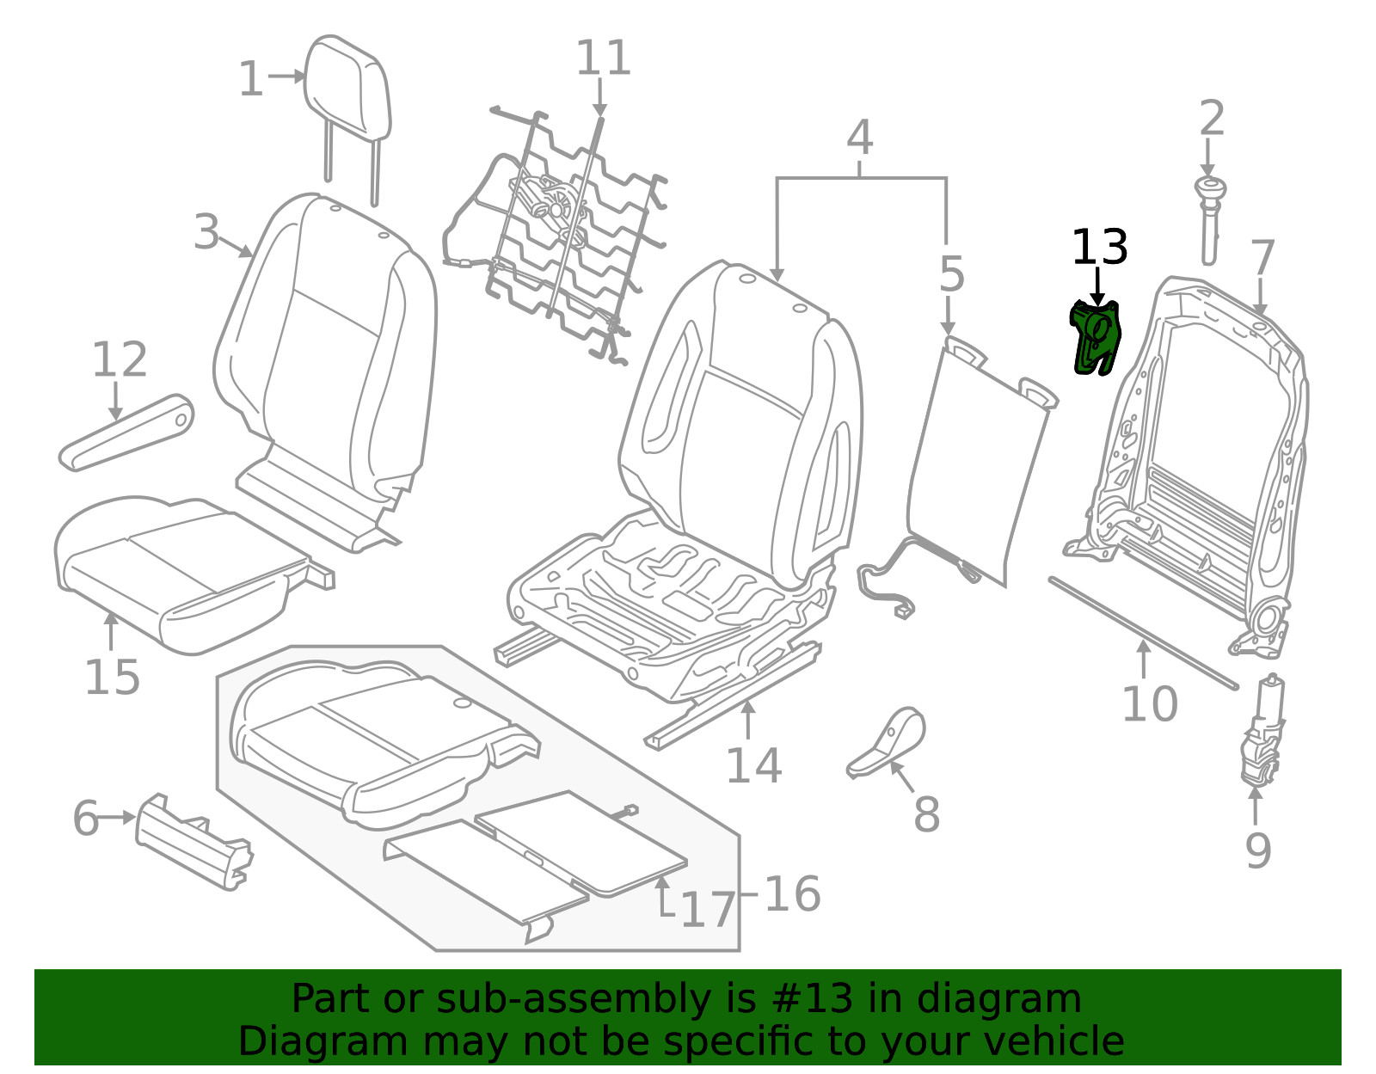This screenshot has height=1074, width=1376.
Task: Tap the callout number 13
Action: click(x=1099, y=248)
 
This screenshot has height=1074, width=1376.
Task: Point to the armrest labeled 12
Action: click(x=126, y=433)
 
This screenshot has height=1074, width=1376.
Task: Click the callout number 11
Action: click(x=603, y=58)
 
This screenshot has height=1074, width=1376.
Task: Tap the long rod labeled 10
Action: click(x=1143, y=633)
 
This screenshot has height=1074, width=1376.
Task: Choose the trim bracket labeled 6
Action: click(x=193, y=842)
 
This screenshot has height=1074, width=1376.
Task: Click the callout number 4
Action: click(x=859, y=138)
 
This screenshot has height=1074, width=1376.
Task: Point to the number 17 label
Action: click(x=709, y=911)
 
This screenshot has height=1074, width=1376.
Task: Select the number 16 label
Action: click(x=793, y=894)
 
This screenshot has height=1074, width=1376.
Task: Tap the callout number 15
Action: click(x=112, y=678)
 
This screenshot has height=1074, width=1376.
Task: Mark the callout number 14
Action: click(x=753, y=766)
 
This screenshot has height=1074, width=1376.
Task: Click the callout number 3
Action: click(x=206, y=231)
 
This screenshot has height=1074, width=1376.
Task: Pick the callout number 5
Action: click(x=951, y=274)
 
